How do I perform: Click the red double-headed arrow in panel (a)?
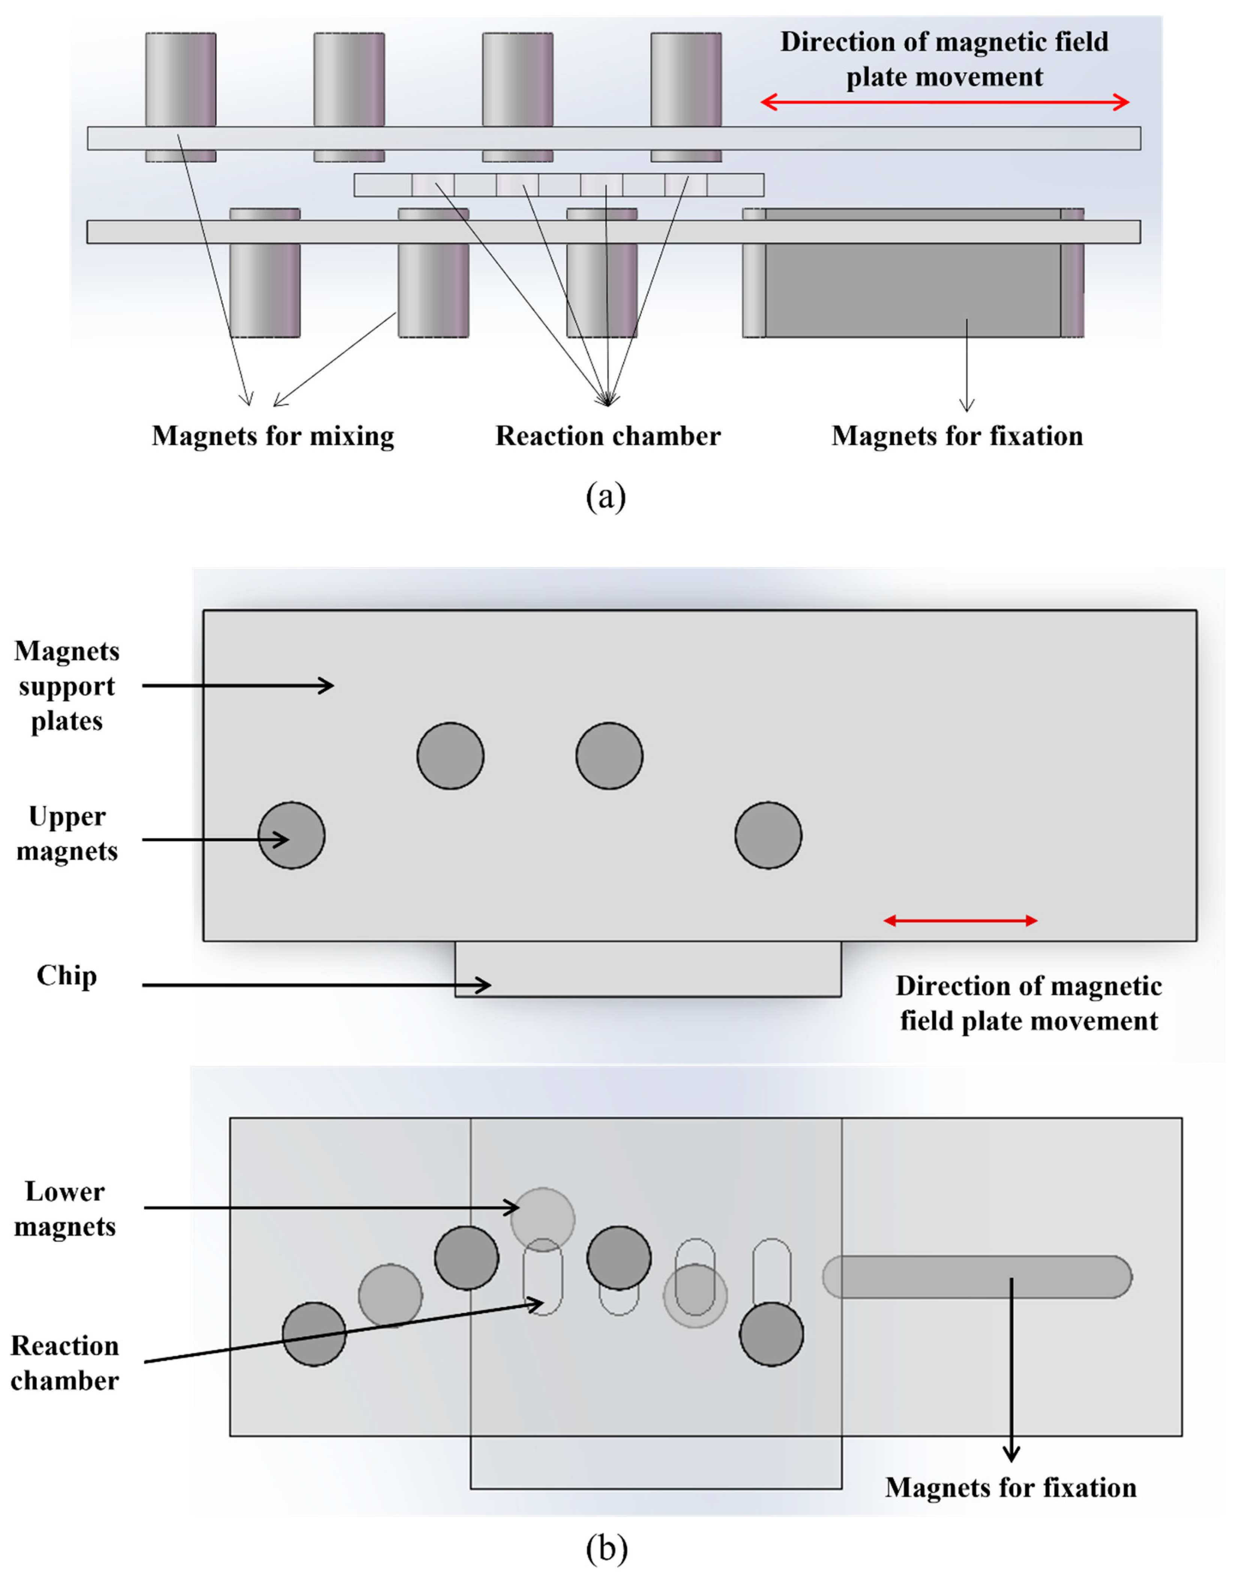click(945, 102)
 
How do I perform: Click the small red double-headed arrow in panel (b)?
click(961, 920)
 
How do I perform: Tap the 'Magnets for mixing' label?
click(273, 436)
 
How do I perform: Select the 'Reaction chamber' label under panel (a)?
click(608, 436)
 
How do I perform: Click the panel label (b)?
click(606, 1548)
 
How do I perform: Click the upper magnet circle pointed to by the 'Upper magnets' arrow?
click(292, 835)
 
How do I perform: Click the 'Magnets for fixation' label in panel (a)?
click(957, 436)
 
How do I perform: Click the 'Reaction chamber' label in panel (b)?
click(65, 1363)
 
